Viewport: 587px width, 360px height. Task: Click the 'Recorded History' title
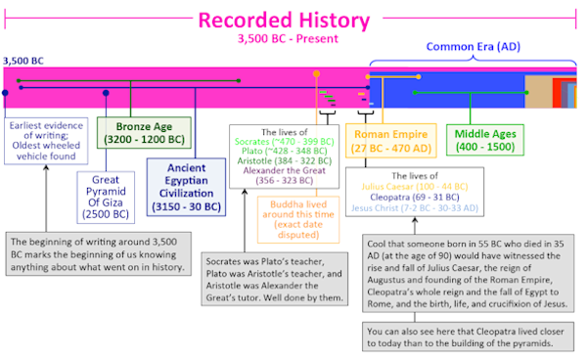point(284,21)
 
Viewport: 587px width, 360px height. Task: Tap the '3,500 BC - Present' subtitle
point(288,38)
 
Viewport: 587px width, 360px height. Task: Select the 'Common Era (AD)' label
point(474,46)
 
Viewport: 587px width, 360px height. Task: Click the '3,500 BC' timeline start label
point(23,61)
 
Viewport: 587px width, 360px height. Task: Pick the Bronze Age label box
point(144,133)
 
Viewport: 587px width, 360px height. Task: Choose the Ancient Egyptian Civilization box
point(186,187)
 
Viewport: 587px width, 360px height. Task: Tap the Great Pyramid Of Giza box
point(106,198)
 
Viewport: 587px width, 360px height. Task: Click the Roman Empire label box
point(390,141)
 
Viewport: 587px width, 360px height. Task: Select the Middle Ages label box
point(485,140)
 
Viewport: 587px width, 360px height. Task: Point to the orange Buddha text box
point(298,220)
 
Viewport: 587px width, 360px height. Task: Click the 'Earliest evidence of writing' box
point(46,141)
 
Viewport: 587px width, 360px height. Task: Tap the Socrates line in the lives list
point(284,142)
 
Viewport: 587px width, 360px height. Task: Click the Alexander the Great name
point(284,170)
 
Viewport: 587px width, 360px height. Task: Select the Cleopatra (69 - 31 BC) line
point(415,198)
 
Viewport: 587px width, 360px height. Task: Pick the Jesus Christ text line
point(415,208)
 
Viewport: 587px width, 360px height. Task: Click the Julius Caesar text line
point(415,187)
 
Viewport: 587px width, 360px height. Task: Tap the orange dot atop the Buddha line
point(316,73)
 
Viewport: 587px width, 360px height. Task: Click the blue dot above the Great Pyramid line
point(106,93)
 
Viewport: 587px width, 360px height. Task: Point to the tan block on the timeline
point(538,92)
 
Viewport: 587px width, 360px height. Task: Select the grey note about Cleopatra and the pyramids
point(468,337)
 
